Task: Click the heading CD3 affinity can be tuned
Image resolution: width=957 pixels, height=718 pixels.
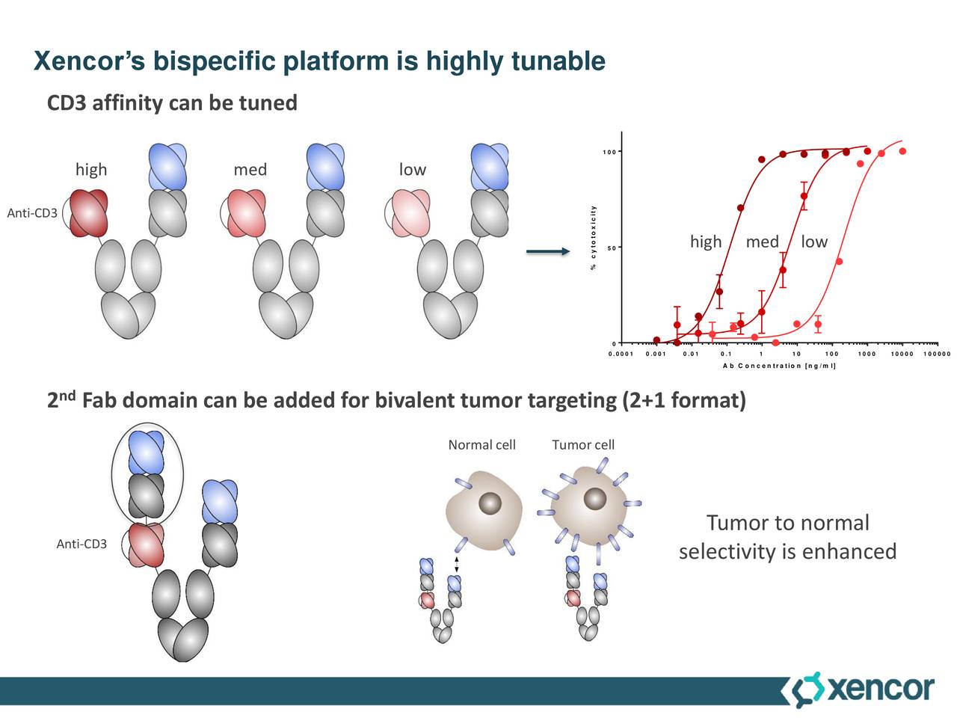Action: [x=172, y=102]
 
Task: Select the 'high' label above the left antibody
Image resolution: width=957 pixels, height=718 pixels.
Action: [x=91, y=170]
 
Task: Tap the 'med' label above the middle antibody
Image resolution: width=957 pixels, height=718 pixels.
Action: [x=250, y=170]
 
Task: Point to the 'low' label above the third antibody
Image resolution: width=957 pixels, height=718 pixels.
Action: [x=412, y=170]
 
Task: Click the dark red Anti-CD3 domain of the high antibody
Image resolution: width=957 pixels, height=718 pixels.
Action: [x=89, y=213]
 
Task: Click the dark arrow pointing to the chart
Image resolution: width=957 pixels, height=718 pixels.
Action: [x=548, y=252]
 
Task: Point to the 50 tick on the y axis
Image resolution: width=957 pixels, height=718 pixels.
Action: [x=612, y=248]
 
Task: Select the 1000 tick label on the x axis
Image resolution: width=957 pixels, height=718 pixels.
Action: [x=867, y=354]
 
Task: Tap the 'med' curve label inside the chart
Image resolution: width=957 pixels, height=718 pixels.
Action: [x=762, y=242]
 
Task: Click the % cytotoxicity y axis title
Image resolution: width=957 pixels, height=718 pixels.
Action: [x=593, y=238]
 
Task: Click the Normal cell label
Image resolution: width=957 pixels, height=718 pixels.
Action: [x=481, y=445]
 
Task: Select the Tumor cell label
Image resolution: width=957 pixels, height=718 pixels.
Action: [x=583, y=445]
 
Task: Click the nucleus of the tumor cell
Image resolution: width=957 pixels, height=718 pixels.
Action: [x=595, y=499]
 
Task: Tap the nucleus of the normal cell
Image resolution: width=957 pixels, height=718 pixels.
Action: [x=490, y=503]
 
